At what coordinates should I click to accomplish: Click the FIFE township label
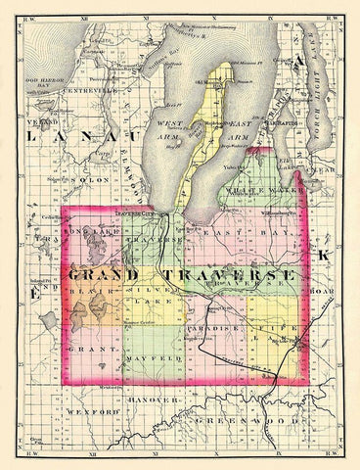[x=278, y=330]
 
